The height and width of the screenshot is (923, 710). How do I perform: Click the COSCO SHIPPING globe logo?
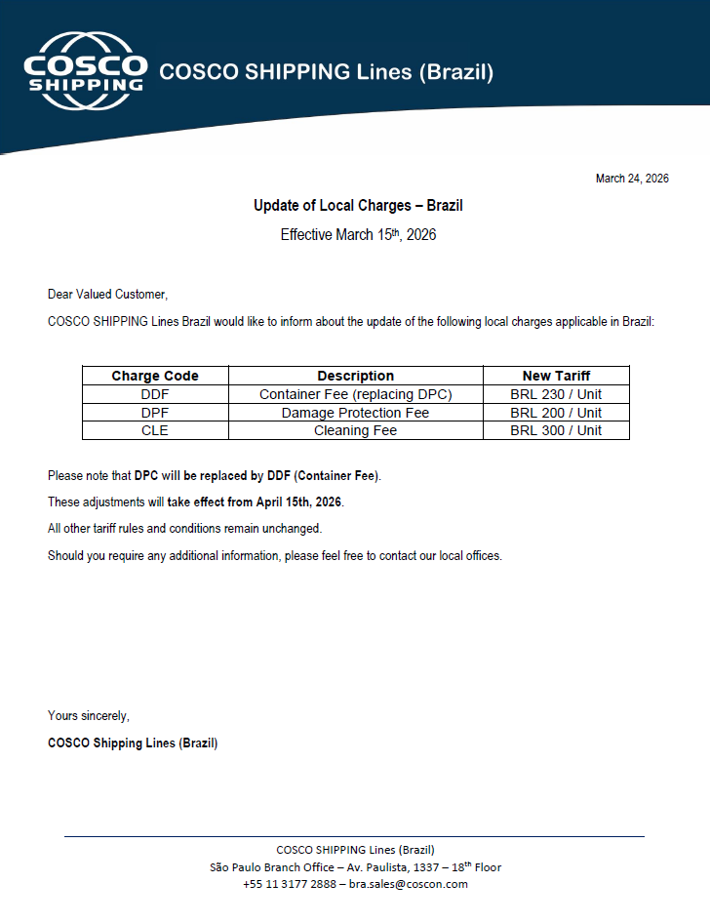[85, 71]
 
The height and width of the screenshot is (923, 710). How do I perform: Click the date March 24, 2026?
[632, 179]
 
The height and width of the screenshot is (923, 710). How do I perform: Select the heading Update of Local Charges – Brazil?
[358, 206]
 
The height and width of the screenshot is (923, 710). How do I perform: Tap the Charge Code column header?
[155, 376]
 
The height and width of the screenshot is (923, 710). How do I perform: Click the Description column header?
[355, 376]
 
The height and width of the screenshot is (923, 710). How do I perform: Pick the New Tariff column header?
[556, 376]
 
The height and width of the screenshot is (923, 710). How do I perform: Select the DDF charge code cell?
[155, 394]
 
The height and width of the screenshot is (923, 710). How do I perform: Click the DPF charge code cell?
[155, 413]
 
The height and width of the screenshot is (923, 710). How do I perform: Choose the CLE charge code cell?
[155, 430]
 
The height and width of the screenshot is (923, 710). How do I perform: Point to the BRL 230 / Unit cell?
[556, 394]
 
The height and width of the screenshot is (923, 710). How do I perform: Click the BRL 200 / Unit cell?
[556, 413]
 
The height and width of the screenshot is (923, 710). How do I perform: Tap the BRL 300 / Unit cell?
[556, 430]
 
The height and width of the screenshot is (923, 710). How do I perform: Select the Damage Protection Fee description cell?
[355, 413]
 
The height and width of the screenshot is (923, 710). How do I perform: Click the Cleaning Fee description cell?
[355, 430]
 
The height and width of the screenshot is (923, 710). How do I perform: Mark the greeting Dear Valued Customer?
[107, 295]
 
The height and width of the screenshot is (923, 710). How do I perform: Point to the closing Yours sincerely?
[89, 716]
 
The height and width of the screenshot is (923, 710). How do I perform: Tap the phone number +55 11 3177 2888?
[290, 884]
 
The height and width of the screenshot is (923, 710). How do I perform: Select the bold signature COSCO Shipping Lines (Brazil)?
[133, 743]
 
